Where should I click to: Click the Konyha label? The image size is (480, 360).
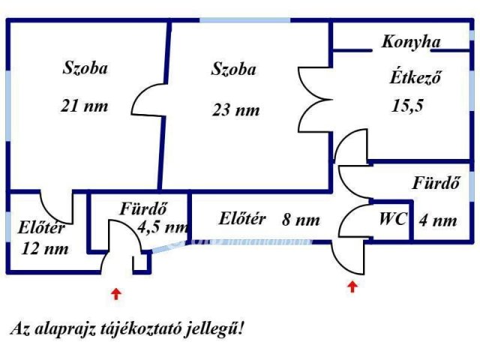click(x=410, y=43)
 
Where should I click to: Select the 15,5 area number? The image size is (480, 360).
click(x=408, y=106)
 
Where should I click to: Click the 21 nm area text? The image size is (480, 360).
click(x=84, y=106)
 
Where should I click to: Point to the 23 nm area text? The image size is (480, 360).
click(x=235, y=110)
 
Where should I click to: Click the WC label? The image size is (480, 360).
click(x=392, y=220)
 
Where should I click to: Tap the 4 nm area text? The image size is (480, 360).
click(x=439, y=220)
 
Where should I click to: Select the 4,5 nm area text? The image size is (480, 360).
click(x=162, y=226)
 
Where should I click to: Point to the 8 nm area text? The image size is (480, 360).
click(x=301, y=220)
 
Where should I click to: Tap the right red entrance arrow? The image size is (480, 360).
click(x=352, y=286)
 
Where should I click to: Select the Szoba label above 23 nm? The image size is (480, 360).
click(x=233, y=70)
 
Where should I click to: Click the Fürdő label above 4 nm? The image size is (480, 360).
click(x=436, y=182)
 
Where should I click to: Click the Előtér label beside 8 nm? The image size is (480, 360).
click(x=242, y=220)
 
